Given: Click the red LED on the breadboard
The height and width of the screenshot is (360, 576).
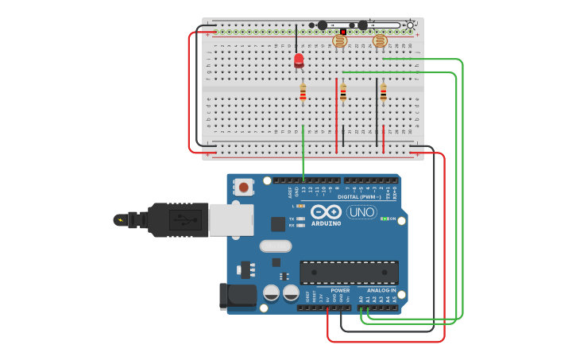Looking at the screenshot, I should tap(299, 60).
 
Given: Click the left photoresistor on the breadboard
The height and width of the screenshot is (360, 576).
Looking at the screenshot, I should tap(339, 41).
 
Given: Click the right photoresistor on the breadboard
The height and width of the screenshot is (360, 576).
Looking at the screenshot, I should tap(380, 41).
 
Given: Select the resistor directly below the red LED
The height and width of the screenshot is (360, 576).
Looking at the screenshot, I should tap(303, 92).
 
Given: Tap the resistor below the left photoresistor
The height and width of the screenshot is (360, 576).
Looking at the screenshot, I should tap(343, 92).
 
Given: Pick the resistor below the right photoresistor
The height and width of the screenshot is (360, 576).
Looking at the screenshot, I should tap(383, 92).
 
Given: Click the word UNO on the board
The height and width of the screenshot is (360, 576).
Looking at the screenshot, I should tap(361, 212).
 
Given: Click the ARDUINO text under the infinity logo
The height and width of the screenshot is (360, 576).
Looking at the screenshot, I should tap(327, 223).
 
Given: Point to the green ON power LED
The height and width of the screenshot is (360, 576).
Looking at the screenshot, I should tap(384, 219).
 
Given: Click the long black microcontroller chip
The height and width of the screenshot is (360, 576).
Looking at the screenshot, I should tap(349, 272).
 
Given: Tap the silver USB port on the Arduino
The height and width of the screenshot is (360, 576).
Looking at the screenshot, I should tap(231, 219).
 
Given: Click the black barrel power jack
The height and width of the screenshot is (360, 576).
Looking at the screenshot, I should tap(237, 296).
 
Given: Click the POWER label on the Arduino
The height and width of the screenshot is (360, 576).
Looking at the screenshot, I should tap(340, 290).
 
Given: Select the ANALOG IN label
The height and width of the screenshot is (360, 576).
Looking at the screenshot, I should tap(381, 290).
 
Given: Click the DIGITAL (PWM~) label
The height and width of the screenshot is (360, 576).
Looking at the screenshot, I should tap(359, 197).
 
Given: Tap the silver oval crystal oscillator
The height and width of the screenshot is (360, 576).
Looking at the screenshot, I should tap(276, 246).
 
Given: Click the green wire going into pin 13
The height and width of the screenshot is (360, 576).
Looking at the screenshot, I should tap(303, 155).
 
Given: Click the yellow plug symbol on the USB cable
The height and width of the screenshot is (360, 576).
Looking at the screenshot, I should tap(120, 220).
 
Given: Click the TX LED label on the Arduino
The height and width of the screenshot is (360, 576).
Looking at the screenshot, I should tap(292, 219).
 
